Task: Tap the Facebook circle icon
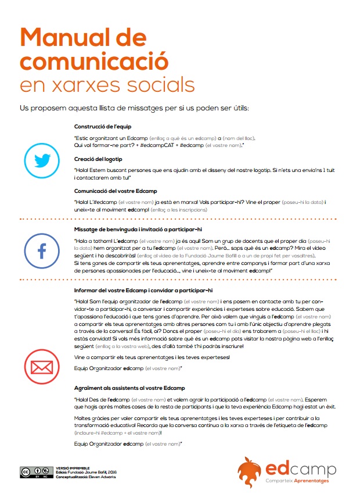pos(42,250)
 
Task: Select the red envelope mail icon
pos(42,367)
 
